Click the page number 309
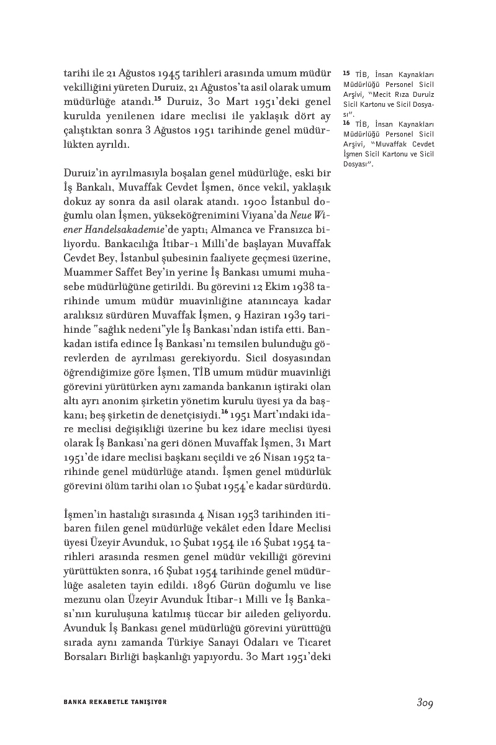pos(425,702)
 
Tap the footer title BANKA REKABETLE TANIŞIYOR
pos(115,702)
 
